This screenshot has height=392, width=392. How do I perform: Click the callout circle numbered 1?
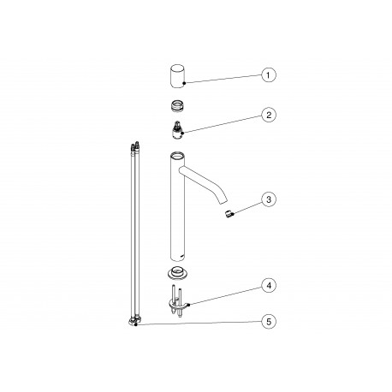[x=269, y=75]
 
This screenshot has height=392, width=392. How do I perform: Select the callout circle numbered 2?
[x=269, y=115]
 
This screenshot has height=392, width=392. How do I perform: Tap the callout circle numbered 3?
[x=269, y=199]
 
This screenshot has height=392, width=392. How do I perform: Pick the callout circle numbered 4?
[x=269, y=285]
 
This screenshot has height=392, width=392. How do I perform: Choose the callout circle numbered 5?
[x=269, y=322]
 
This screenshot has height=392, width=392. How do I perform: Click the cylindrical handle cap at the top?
[x=178, y=76]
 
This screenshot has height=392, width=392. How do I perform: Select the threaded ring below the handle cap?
[x=177, y=105]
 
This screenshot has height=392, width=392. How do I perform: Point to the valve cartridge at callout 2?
[x=177, y=129]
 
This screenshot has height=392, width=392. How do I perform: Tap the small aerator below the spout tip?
[x=229, y=214]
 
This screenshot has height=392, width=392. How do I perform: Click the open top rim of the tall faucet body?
[x=177, y=156]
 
